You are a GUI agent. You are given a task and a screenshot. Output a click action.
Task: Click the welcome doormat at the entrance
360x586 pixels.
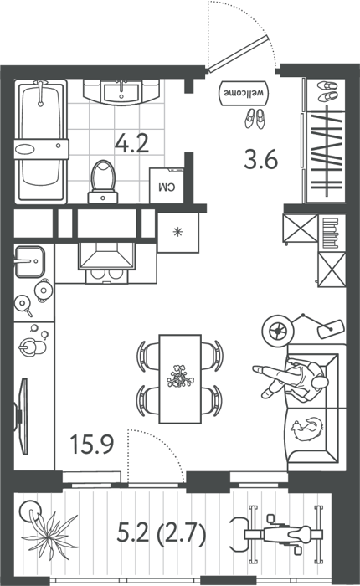(244, 93)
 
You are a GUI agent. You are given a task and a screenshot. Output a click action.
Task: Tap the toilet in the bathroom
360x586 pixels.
(103, 182)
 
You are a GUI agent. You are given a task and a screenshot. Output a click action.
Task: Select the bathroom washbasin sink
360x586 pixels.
(122, 91)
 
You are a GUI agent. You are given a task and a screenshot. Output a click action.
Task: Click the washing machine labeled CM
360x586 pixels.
(167, 186)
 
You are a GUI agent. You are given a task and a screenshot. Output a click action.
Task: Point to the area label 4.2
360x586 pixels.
(131, 143)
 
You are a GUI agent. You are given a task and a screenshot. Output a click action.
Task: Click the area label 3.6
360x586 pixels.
(261, 159)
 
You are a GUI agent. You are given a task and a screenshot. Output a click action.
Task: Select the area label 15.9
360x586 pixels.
(92, 445)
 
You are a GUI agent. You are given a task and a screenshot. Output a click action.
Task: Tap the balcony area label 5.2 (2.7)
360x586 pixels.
(162, 533)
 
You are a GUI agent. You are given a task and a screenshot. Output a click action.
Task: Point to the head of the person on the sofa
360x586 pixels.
(320, 383)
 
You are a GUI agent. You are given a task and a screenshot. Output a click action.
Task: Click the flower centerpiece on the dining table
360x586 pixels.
(180, 377)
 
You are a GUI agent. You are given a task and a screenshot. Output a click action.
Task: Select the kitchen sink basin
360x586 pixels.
(30, 261)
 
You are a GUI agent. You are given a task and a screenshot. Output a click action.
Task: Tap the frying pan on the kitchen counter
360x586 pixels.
(23, 304)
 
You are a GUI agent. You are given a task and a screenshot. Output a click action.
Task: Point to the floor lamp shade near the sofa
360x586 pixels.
(331, 328)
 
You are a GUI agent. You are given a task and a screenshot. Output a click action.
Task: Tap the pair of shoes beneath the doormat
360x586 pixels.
(255, 119)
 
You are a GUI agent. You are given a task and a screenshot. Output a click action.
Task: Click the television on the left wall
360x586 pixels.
(23, 416)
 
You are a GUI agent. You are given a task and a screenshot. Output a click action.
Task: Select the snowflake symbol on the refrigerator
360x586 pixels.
(177, 232)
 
